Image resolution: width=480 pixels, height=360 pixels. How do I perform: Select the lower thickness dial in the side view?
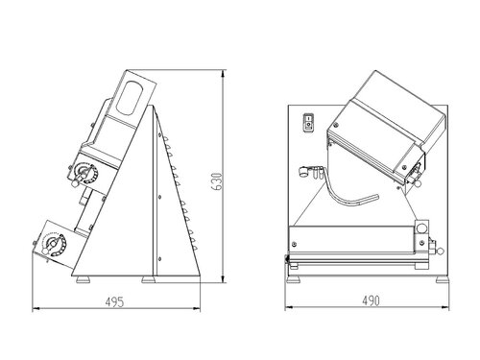pyautogui.click(x=53, y=245)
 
